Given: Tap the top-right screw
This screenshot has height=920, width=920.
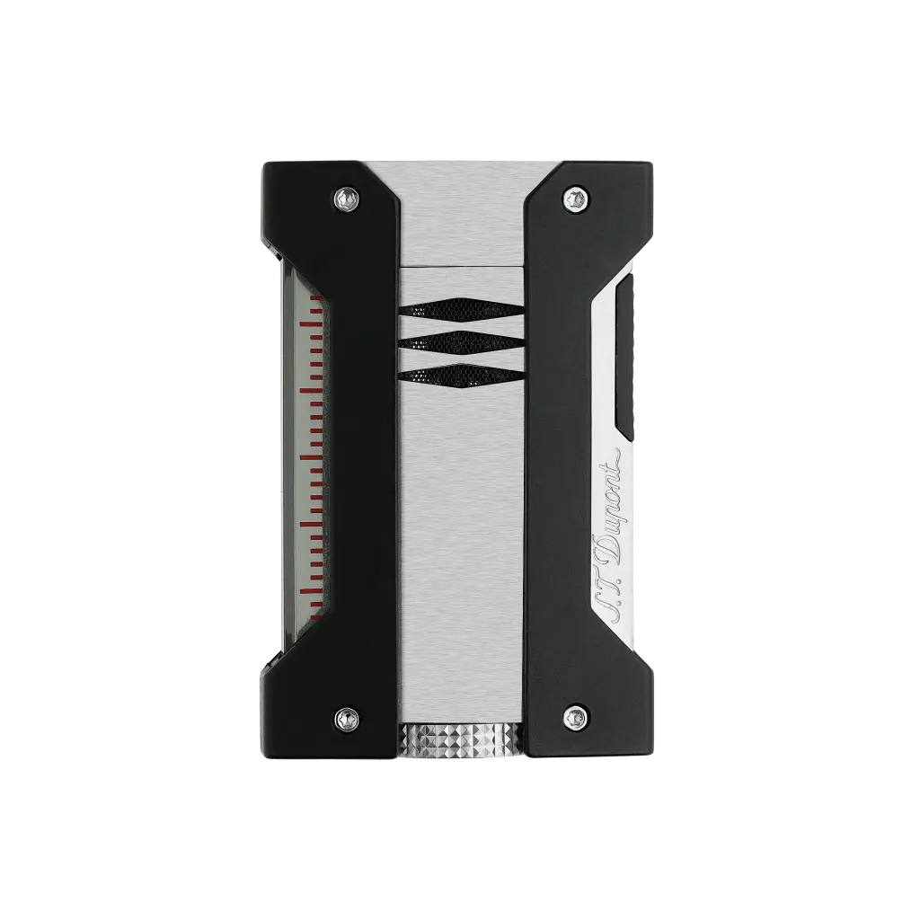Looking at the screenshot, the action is pyautogui.click(x=576, y=198).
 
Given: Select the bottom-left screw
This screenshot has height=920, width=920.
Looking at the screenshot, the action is pyautogui.click(x=346, y=716).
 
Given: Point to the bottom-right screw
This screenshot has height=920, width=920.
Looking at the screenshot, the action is pyautogui.click(x=576, y=716).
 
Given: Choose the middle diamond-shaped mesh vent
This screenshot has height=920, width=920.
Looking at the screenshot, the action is pyautogui.click(x=460, y=343).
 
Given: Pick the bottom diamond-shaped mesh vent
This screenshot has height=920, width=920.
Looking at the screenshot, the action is pyautogui.click(x=460, y=376).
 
